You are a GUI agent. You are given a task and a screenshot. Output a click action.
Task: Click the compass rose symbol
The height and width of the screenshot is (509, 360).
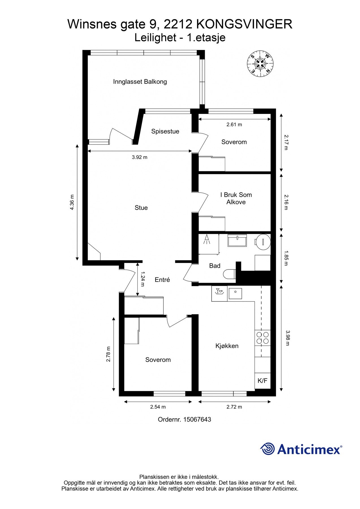(260, 64)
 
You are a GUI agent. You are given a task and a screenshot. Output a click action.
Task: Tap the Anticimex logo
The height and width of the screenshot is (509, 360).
(301, 449)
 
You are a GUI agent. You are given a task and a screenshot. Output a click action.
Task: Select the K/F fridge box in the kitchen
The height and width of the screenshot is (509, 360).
(262, 381)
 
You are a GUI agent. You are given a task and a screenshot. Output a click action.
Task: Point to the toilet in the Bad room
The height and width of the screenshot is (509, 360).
(229, 274)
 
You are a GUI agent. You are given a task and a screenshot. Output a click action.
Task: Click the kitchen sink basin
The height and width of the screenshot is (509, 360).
(235, 294)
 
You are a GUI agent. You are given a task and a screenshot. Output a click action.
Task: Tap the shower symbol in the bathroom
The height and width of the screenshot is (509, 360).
(207, 240)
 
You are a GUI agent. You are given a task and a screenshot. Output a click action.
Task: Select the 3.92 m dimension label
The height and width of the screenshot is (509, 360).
(140, 157)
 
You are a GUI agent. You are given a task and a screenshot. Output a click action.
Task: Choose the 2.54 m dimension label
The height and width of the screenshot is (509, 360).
(158, 407)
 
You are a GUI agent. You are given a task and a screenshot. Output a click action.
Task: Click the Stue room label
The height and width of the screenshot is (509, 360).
(141, 208)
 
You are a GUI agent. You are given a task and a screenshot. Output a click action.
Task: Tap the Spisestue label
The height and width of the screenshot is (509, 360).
(165, 131)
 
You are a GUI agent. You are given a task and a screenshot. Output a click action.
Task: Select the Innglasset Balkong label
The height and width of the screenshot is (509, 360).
(140, 82)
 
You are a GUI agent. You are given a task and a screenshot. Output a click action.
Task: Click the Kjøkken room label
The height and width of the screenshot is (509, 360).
(227, 346)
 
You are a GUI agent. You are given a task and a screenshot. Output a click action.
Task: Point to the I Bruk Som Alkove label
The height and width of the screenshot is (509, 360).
(236, 198)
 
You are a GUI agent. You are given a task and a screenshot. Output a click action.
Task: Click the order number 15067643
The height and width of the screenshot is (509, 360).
(197, 419)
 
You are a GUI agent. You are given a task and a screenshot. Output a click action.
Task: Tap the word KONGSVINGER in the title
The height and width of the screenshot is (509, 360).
(244, 24)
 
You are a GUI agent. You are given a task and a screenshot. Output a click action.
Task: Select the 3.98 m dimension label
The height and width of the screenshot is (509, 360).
(288, 338)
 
